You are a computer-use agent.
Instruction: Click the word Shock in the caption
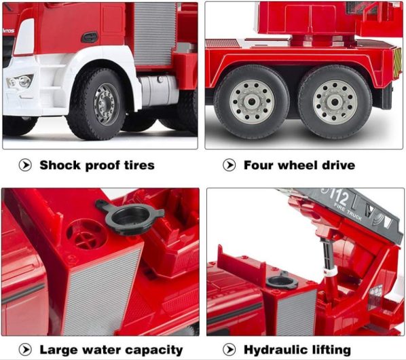(x=60, y=165)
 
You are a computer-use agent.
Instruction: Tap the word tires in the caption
(x=137, y=165)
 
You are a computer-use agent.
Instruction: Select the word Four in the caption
(x=259, y=165)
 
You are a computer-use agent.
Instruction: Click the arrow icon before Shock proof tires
(x=25, y=165)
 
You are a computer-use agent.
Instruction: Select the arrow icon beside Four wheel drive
(x=229, y=165)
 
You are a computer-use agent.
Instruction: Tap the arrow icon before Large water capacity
(x=25, y=350)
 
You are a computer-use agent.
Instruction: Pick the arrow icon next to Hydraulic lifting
(x=229, y=350)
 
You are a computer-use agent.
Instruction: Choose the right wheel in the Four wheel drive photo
(x=335, y=101)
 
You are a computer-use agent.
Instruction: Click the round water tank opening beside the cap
(x=86, y=235)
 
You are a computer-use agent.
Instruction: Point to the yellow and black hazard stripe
(x=396, y=62)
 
